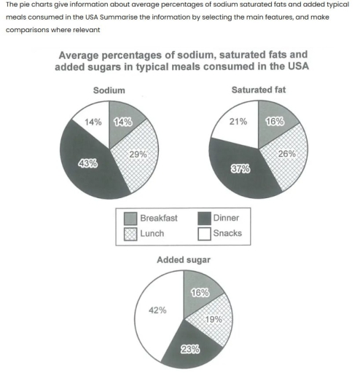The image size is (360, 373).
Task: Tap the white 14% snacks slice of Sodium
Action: [90, 122]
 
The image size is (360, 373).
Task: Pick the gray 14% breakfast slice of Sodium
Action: [121, 122]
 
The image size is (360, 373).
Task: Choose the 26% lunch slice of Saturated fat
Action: [284, 155]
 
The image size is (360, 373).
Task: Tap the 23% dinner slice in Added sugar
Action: [190, 348]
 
